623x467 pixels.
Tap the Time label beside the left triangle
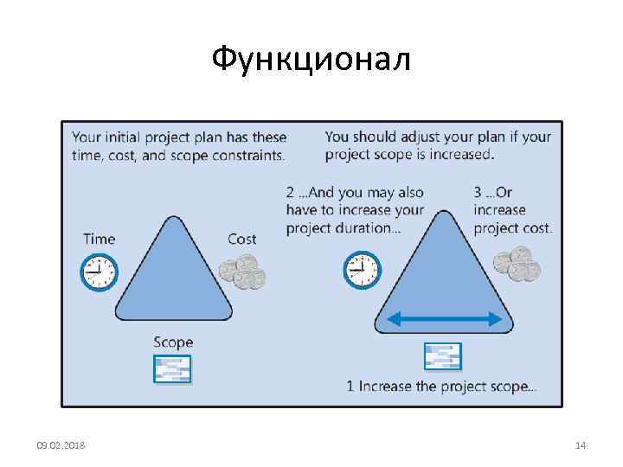[x=99, y=239]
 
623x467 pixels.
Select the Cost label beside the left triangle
[x=241, y=239]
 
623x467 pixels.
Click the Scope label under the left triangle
[x=173, y=342]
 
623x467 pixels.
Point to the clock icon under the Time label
[x=99, y=272]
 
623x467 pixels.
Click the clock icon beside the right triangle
[x=362, y=270]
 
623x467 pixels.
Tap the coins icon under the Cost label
[x=242, y=272]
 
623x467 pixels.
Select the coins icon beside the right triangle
[x=517, y=264]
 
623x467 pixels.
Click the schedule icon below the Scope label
[x=171, y=369]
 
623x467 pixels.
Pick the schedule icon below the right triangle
[x=442, y=356]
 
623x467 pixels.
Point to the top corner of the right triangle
[x=446, y=213]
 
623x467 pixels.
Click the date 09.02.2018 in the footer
[x=61, y=445]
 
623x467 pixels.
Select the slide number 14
[x=581, y=445]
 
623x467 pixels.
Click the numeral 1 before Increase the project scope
[x=350, y=387]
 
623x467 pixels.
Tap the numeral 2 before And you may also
[x=290, y=192]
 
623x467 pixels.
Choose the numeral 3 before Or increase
[x=478, y=192]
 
